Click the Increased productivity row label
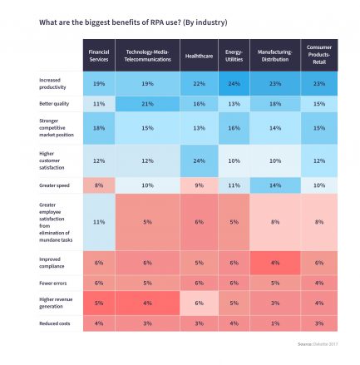pyautogui.click(x=54, y=84)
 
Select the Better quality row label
pyautogui.click(x=50, y=105)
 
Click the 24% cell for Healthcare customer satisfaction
pyautogui.click(x=198, y=160)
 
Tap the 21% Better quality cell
pyautogui.click(x=147, y=105)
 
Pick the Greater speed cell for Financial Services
pyautogui.click(x=99, y=185)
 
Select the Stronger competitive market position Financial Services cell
pyautogui.click(x=99, y=129)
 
